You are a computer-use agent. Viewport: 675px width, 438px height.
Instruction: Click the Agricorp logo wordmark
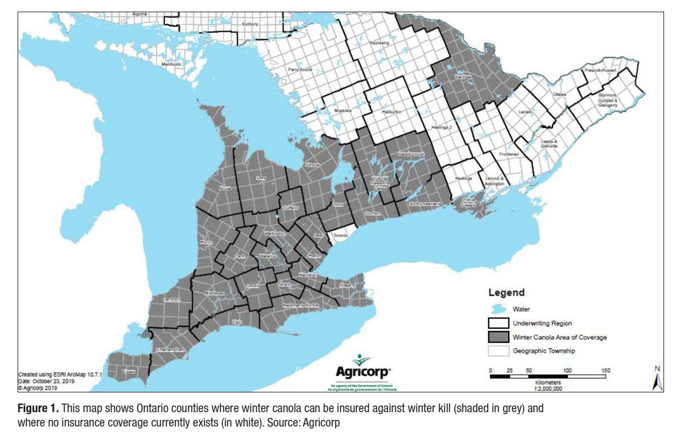coord(363,372)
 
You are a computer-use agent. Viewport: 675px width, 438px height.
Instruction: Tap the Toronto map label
coord(341,235)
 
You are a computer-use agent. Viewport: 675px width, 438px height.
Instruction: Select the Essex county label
coord(129,372)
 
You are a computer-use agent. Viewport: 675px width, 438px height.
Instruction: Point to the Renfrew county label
coord(463,77)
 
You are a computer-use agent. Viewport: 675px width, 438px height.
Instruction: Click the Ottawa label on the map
coord(559,94)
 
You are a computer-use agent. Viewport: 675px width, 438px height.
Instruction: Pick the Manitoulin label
coord(171,64)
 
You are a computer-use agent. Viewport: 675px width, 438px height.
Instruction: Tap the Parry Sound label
coord(300,69)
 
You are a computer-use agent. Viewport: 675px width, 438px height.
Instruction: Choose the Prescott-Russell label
coord(600,70)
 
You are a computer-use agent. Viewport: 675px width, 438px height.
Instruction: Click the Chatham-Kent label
coord(171,350)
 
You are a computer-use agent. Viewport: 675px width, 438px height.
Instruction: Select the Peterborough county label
coord(411,154)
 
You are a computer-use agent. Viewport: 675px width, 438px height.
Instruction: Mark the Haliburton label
coord(391,112)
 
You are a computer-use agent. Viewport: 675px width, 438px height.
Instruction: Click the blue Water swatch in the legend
coord(498,309)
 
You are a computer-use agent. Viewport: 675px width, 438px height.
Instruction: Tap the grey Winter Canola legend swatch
coord(498,337)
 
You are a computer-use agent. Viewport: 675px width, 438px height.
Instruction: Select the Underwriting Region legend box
coord(498,323)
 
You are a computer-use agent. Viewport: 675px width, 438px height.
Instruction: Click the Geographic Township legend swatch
coord(498,351)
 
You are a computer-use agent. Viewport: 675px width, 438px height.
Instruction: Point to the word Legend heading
coord(506,293)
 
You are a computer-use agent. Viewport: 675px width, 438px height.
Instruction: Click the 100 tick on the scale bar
coord(567,370)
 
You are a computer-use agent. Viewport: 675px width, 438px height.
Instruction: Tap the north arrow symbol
coord(657,380)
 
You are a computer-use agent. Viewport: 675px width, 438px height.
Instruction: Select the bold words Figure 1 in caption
coord(38,408)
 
